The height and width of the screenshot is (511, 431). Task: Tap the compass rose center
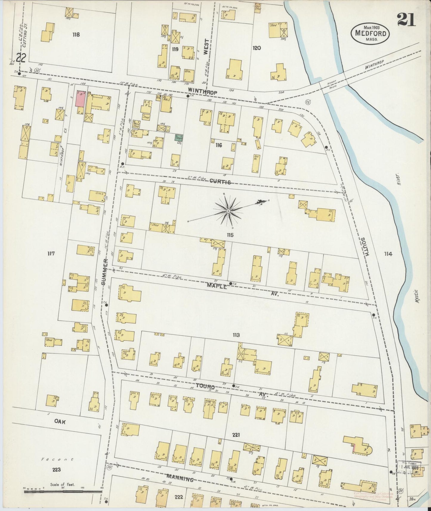(228, 211)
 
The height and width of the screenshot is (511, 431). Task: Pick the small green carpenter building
(179, 138)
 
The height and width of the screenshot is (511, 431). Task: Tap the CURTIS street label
(220, 182)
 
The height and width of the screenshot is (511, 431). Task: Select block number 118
(76, 35)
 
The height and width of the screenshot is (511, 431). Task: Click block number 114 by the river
(388, 254)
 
